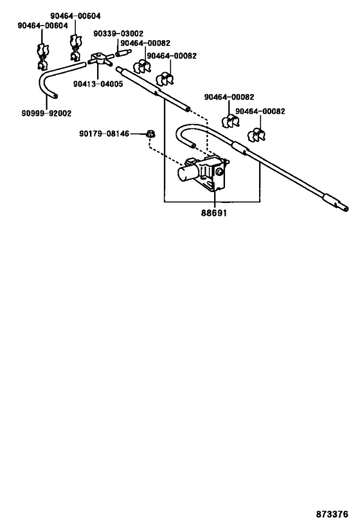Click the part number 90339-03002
[118, 33]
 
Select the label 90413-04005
[98, 84]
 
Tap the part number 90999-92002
[47, 114]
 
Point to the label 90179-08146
[104, 134]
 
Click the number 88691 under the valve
[214, 213]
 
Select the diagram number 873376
[332, 514]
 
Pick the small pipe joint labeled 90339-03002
[123, 53]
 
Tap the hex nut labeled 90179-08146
[151, 134]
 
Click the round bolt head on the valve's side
[221, 172]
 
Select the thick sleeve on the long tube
[240, 147]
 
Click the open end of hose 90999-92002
[55, 96]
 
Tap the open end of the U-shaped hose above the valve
[193, 145]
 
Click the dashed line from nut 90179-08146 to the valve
[165, 153]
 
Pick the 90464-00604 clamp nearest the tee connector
[76, 47]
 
